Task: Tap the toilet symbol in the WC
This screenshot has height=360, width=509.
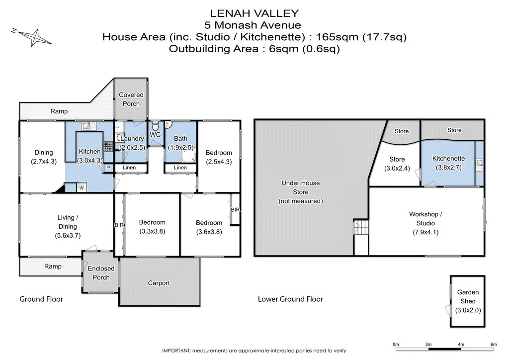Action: (156, 125)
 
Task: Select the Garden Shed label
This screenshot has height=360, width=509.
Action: (468, 297)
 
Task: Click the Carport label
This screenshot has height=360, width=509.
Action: (159, 283)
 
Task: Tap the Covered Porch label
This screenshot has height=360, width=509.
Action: (131, 99)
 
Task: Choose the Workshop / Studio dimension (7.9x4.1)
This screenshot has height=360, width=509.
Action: (425, 232)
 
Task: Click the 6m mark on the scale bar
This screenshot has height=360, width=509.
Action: (494, 344)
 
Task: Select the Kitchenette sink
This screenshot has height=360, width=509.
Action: (479, 162)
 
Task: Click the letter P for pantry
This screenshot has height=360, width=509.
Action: (108, 168)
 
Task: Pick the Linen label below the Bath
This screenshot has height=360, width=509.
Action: (180, 168)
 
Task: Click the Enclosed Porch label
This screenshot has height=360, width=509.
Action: (101, 272)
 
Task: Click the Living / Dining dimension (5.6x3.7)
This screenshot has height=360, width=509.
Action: (67, 236)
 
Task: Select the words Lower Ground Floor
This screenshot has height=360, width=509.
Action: (290, 299)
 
